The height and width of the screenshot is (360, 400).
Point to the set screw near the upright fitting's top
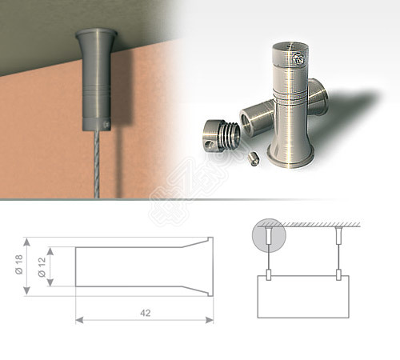click(298, 58)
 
